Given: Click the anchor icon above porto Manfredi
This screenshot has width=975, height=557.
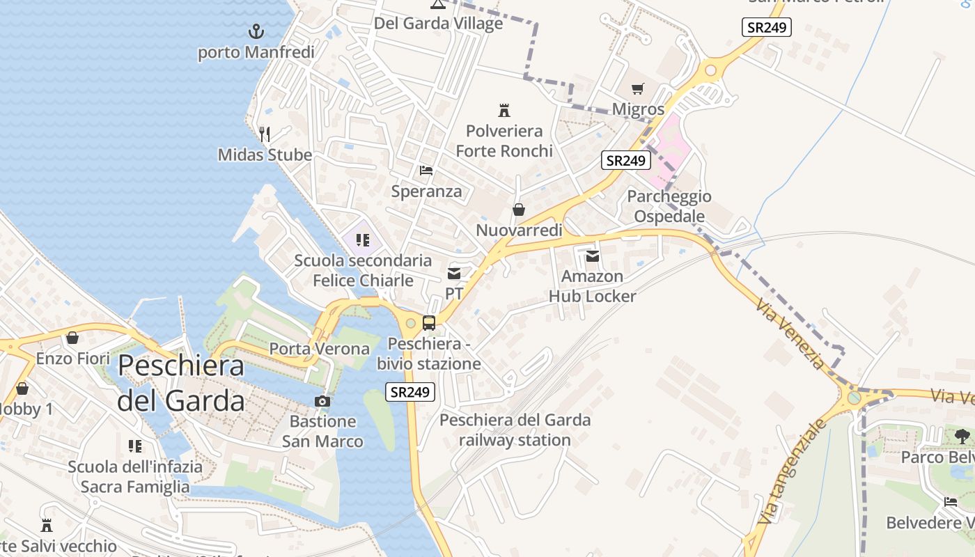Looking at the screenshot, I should coord(257,31).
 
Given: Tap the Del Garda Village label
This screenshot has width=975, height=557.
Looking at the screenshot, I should coord(438,23).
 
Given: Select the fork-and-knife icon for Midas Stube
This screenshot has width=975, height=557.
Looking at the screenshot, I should coord(265,134).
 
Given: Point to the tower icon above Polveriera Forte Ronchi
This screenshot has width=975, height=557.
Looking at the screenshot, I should coord(504,110).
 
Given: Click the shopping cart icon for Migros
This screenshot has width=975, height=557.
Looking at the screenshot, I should coord(638,88).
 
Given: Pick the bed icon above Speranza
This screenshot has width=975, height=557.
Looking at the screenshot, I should coord(426,171).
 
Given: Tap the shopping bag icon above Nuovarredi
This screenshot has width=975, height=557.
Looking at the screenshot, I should coord(519,209).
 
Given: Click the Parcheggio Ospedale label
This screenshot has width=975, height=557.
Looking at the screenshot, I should coord(669,206).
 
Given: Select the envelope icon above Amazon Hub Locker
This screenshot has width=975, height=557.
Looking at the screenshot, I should coord(593,256).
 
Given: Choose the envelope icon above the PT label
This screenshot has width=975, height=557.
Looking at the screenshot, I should coord(454,274).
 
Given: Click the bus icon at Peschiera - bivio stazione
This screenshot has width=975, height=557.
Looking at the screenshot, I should coord(429,323).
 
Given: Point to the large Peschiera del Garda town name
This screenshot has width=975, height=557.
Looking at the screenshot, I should coord(181,383).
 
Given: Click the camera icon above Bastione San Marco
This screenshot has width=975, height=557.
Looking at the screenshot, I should coord(322,401).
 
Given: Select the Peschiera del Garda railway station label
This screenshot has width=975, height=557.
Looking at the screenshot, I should coord(515,430).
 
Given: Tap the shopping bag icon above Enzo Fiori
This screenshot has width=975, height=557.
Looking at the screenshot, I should coord(72,338).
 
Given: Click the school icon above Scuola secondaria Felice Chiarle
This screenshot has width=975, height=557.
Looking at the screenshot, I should coord(362,240).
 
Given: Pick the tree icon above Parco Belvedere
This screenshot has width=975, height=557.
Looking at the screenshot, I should coord(962,437).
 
